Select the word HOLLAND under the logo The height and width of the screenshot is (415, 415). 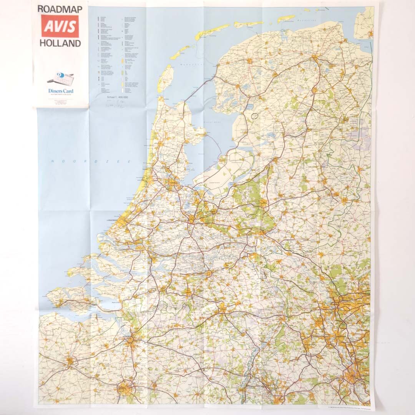tap(60, 43)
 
